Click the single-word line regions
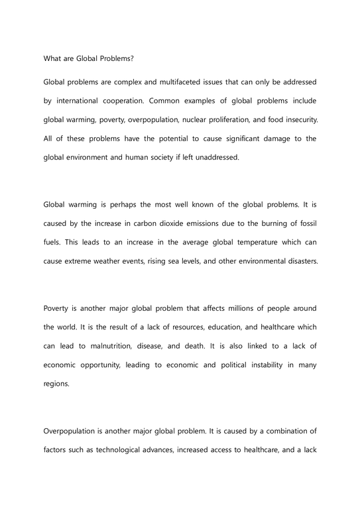(x=56, y=383)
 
